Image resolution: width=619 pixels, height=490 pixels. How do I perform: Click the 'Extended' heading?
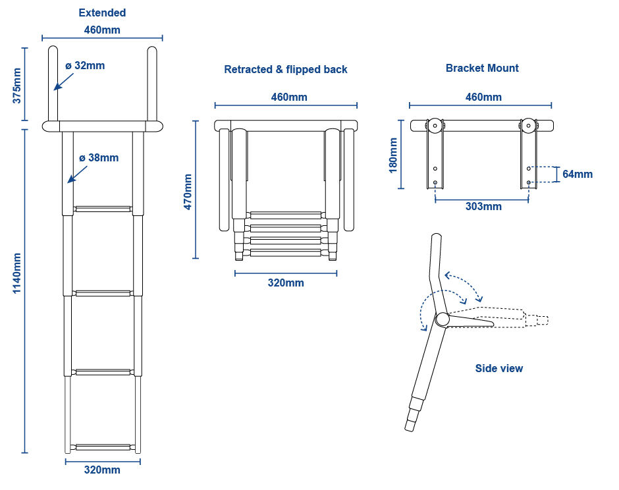(x=102, y=13)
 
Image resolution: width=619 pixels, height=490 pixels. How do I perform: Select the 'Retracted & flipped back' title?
(x=286, y=69)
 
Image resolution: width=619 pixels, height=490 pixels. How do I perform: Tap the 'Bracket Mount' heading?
(x=482, y=68)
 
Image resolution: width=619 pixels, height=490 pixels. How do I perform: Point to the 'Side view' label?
(x=499, y=368)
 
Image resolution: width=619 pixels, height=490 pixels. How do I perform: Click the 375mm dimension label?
(x=18, y=85)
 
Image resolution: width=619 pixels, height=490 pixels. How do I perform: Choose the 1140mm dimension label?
(x=18, y=273)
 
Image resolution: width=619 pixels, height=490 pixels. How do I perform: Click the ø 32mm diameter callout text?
(x=85, y=65)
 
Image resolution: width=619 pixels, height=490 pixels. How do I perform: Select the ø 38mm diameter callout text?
(x=99, y=157)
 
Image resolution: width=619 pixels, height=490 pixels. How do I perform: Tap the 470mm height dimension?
(x=188, y=192)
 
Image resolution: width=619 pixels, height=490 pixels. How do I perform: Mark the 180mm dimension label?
(x=393, y=155)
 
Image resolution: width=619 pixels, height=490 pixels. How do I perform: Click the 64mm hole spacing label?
(x=578, y=174)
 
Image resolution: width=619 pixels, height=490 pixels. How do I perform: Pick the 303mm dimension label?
(x=483, y=206)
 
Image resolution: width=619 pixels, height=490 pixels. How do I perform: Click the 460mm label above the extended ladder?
(x=102, y=30)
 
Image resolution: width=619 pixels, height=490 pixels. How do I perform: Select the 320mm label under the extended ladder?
(x=102, y=470)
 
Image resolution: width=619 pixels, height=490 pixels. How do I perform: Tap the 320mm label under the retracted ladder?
(x=286, y=283)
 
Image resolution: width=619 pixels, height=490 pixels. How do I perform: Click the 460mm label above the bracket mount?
(x=483, y=97)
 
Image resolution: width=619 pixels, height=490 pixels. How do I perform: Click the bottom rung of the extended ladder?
(x=102, y=447)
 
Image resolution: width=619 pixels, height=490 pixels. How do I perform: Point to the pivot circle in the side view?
(x=442, y=319)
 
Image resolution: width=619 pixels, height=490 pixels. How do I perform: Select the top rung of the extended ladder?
(x=102, y=209)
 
